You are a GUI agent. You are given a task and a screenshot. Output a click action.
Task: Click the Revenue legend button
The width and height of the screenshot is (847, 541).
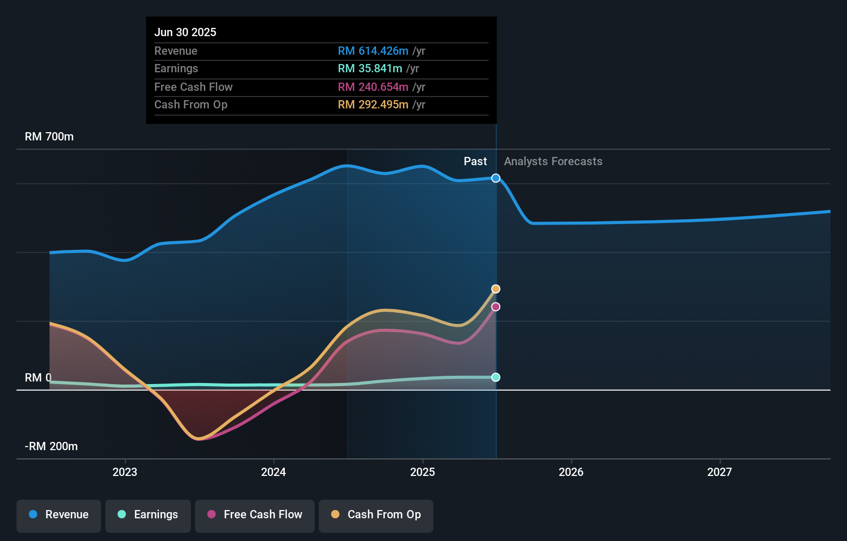59,515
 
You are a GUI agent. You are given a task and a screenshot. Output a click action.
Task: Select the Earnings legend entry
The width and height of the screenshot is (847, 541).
148,515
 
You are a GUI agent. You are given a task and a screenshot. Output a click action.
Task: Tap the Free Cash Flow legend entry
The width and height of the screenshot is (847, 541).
255,515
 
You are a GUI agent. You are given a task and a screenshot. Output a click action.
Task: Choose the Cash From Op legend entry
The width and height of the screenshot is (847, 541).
376,515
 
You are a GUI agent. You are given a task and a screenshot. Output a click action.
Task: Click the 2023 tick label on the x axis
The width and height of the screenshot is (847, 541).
125,472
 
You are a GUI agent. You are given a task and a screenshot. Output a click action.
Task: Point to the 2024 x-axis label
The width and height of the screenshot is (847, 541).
273,472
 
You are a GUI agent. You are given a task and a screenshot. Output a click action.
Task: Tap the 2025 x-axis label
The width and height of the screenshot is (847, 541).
422,472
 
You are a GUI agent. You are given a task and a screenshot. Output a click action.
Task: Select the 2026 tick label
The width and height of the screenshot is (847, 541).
571,472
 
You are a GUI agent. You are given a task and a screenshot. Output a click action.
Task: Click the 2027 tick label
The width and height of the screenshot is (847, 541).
720,472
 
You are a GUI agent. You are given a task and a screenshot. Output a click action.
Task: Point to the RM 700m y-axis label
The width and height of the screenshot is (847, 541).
49,137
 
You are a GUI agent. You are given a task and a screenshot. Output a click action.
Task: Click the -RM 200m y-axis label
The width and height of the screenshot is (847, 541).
51,447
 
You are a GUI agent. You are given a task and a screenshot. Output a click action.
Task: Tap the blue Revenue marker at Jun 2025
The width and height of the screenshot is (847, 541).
496,178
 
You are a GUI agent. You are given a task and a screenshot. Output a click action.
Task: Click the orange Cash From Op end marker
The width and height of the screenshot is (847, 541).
496,289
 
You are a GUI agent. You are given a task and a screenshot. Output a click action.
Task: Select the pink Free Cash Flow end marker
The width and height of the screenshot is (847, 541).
496,307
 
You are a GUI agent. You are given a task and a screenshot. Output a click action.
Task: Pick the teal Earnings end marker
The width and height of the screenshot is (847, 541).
496,377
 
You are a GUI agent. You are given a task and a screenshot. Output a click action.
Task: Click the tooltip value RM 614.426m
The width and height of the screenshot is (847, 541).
373,51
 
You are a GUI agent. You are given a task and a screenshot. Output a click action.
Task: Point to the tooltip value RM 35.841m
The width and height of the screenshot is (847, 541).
370,69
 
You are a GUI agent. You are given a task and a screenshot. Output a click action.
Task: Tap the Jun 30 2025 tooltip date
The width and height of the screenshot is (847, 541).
185,33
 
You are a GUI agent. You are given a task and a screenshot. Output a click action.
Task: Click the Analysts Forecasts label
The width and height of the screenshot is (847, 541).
553,162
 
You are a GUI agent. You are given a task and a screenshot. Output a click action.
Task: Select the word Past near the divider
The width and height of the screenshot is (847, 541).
475,162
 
